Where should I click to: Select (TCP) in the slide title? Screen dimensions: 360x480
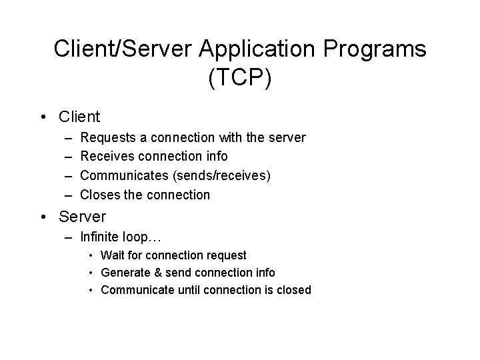[x=240, y=78]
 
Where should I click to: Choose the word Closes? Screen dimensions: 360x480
[x=99, y=195]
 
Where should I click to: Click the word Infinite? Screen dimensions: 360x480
[x=99, y=236]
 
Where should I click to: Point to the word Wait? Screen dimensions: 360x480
[x=112, y=255]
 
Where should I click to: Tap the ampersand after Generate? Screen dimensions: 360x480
[x=157, y=273]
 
